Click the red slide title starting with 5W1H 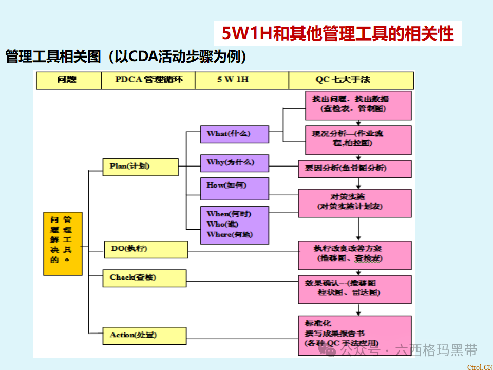point(337,34)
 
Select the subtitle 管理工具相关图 point(126,57)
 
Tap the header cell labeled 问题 point(67,80)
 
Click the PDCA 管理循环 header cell point(148,80)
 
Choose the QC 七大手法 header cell point(351,80)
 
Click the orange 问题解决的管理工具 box point(62,243)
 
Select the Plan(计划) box point(140,166)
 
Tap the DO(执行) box point(145,249)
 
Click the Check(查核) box point(144,278)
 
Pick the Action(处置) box point(144,336)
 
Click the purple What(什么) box point(234,134)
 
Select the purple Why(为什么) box point(234,163)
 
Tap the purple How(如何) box point(234,189)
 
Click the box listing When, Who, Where point(234,225)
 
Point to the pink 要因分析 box point(355,169)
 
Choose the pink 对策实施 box point(355,202)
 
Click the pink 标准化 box point(355,335)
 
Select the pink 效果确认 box point(355,289)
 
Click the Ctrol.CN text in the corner point(479,366)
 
